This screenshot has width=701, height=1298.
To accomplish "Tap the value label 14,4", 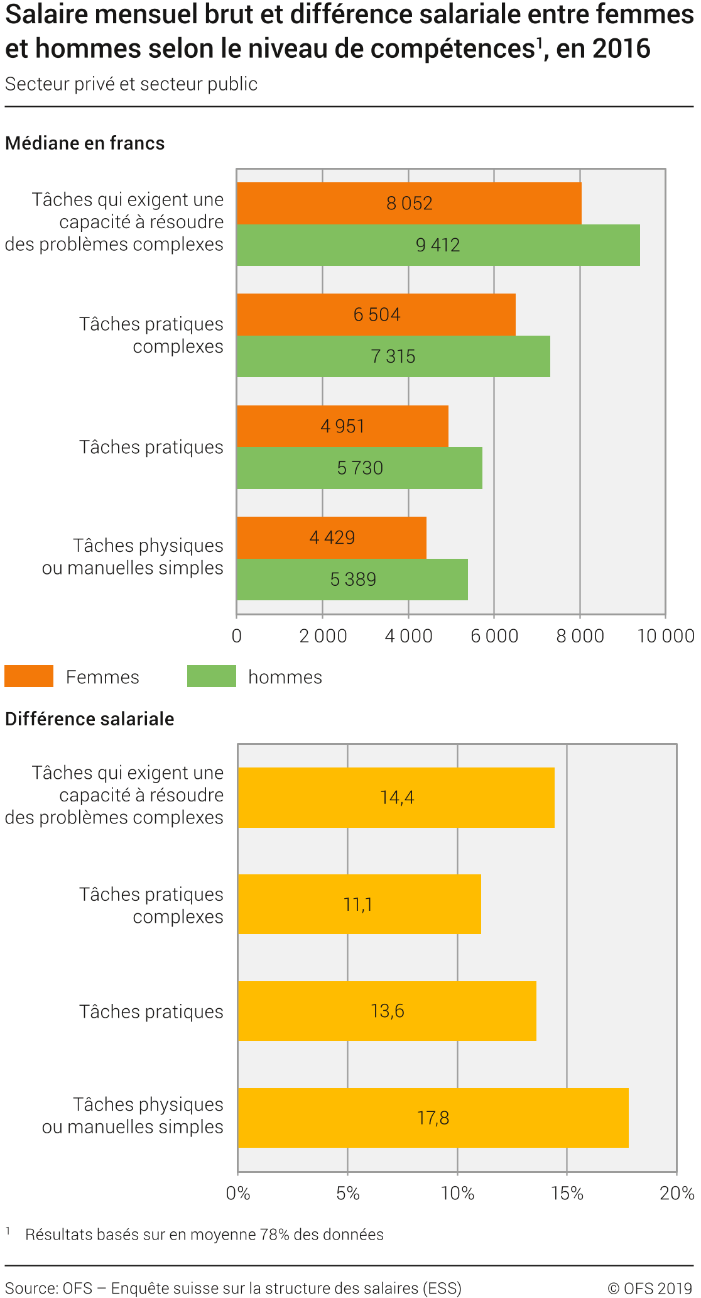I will pyautogui.click(x=397, y=798).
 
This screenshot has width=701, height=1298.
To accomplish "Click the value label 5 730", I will pyautogui.click(x=360, y=468).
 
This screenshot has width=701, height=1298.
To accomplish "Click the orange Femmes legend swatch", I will pyautogui.click(x=29, y=676).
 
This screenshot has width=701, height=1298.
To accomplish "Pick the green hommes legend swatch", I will pyautogui.click(x=212, y=676).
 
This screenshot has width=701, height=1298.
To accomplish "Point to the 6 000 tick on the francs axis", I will pyautogui.click(x=494, y=636).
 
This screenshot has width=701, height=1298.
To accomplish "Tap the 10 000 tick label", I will pyautogui.click(x=666, y=636).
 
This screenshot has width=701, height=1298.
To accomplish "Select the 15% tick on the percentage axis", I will pyautogui.click(x=567, y=1193).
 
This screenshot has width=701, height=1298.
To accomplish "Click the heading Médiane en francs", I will pyautogui.click(x=85, y=143).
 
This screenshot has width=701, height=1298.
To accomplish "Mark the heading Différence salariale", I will pyautogui.click(x=90, y=719).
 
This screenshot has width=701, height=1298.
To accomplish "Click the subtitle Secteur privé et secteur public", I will pyautogui.click(x=131, y=84).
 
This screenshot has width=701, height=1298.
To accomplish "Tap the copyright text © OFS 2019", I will pyautogui.click(x=649, y=1288).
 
